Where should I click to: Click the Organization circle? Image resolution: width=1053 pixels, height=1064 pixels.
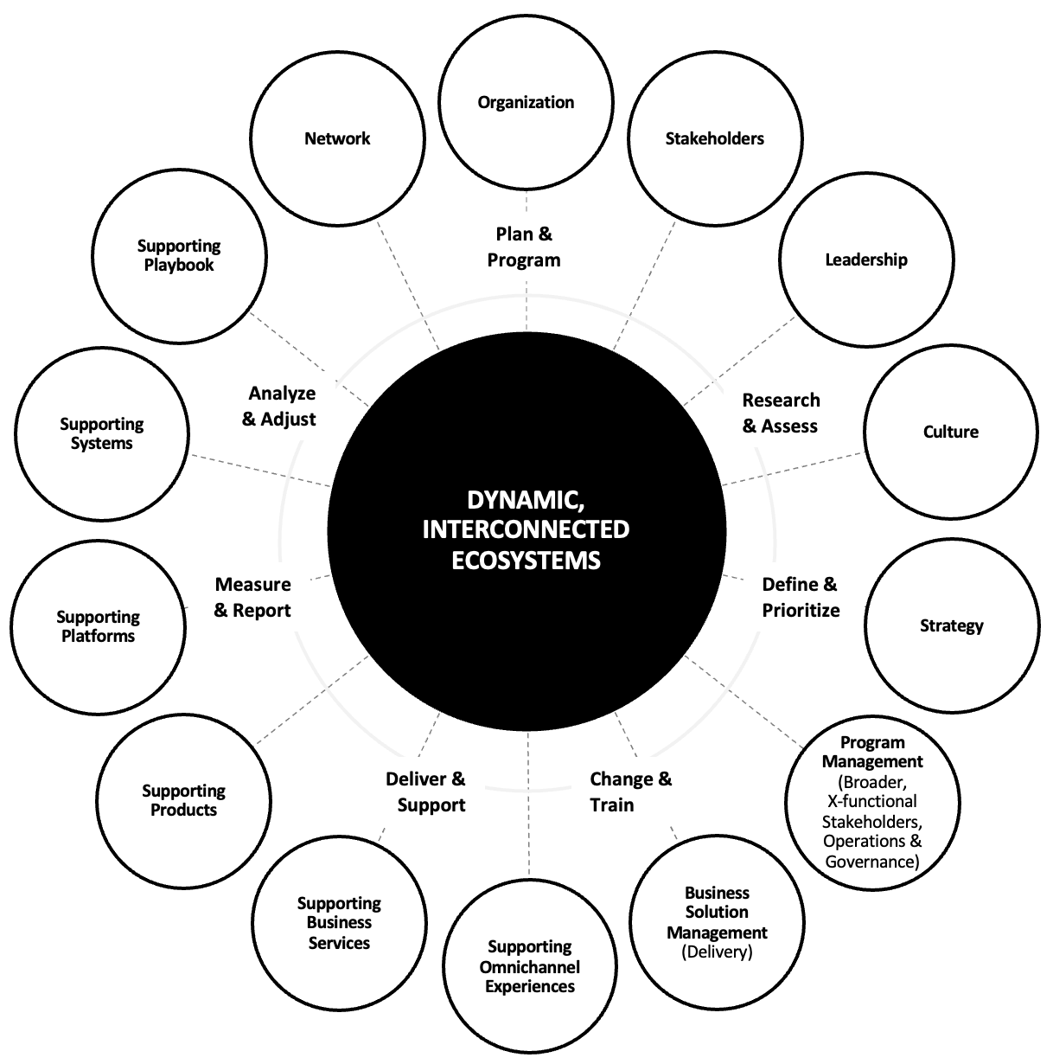tap(526, 102)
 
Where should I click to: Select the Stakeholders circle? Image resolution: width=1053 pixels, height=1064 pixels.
tap(714, 138)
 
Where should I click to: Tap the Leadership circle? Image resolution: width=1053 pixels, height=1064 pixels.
tap(866, 260)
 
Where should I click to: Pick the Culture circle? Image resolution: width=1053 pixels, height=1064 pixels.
tap(950, 432)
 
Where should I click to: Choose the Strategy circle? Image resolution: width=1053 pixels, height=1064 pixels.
tap(951, 625)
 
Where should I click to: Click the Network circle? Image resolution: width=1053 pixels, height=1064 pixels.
tap(337, 138)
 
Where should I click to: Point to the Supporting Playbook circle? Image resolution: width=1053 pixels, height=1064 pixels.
tap(179, 256)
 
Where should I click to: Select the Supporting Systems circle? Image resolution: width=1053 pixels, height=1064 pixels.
tap(102, 433)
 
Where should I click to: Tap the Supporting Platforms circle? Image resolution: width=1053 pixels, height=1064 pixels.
tap(98, 626)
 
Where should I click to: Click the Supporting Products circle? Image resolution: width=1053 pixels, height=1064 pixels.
tap(183, 800)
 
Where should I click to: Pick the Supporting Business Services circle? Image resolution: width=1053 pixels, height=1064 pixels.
tap(339, 923)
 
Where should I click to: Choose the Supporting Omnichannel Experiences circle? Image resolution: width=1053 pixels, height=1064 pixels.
tap(529, 966)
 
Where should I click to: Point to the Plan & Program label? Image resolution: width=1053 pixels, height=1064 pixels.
tap(524, 247)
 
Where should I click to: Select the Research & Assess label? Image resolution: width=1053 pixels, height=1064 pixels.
tap(781, 413)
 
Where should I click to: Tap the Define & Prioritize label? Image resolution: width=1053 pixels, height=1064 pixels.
tap(801, 597)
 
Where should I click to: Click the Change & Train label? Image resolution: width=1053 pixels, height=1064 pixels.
tap(630, 792)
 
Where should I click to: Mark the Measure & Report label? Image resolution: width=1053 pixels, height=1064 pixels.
tap(252, 597)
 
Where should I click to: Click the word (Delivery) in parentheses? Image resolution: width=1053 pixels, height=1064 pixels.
tap(717, 952)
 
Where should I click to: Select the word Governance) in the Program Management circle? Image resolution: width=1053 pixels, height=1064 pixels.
tap(871, 862)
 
